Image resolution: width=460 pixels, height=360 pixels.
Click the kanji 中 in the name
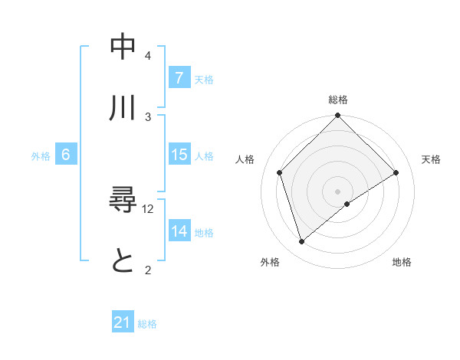(x=123, y=47)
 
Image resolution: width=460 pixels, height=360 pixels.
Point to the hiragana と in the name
(x=123, y=262)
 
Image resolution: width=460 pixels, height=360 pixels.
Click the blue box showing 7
(x=179, y=78)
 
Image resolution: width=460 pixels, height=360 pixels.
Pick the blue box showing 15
(x=179, y=155)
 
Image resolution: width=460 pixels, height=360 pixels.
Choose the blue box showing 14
(x=179, y=231)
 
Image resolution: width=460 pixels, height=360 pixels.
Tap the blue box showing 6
(x=65, y=155)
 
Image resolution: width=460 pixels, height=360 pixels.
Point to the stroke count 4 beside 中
(x=147, y=56)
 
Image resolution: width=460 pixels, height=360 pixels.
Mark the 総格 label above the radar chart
(x=338, y=100)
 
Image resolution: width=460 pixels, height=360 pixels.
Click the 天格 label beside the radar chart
(x=432, y=159)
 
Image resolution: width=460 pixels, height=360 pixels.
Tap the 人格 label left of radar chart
(x=245, y=159)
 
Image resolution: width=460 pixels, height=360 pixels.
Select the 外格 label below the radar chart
(x=270, y=262)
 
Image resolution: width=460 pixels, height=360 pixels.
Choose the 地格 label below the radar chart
(x=402, y=262)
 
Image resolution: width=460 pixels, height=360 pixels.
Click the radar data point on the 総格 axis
(x=338, y=117)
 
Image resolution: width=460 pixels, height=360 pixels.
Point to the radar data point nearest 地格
(x=347, y=204)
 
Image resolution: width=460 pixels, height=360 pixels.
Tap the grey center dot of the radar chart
(x=338, y=191)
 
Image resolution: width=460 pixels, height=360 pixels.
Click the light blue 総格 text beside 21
(x=147, y=324)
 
